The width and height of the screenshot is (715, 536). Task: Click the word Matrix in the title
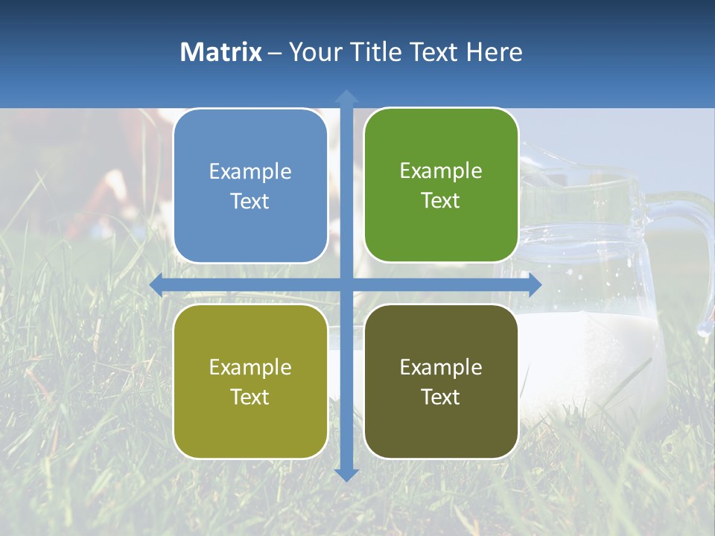click(220, 52)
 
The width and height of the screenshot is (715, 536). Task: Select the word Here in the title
click(494, 52)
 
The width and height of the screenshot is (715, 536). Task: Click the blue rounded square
click(250, 186)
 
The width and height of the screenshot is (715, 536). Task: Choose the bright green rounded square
click(441, 185)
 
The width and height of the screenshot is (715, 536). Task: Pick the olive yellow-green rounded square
click(250, 381)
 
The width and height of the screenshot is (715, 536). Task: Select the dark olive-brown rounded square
click(441, 381)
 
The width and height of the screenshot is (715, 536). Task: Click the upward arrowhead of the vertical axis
click(346, 96)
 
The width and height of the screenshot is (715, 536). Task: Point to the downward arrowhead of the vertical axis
click(346, 474)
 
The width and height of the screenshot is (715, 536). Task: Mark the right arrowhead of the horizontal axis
click(534, 284)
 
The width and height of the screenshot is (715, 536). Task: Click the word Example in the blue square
click(250, 171)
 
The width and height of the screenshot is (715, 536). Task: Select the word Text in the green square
click(441, 200)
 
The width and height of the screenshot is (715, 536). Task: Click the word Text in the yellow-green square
click(250, 397)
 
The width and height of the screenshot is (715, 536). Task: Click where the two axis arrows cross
click(346, 284)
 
